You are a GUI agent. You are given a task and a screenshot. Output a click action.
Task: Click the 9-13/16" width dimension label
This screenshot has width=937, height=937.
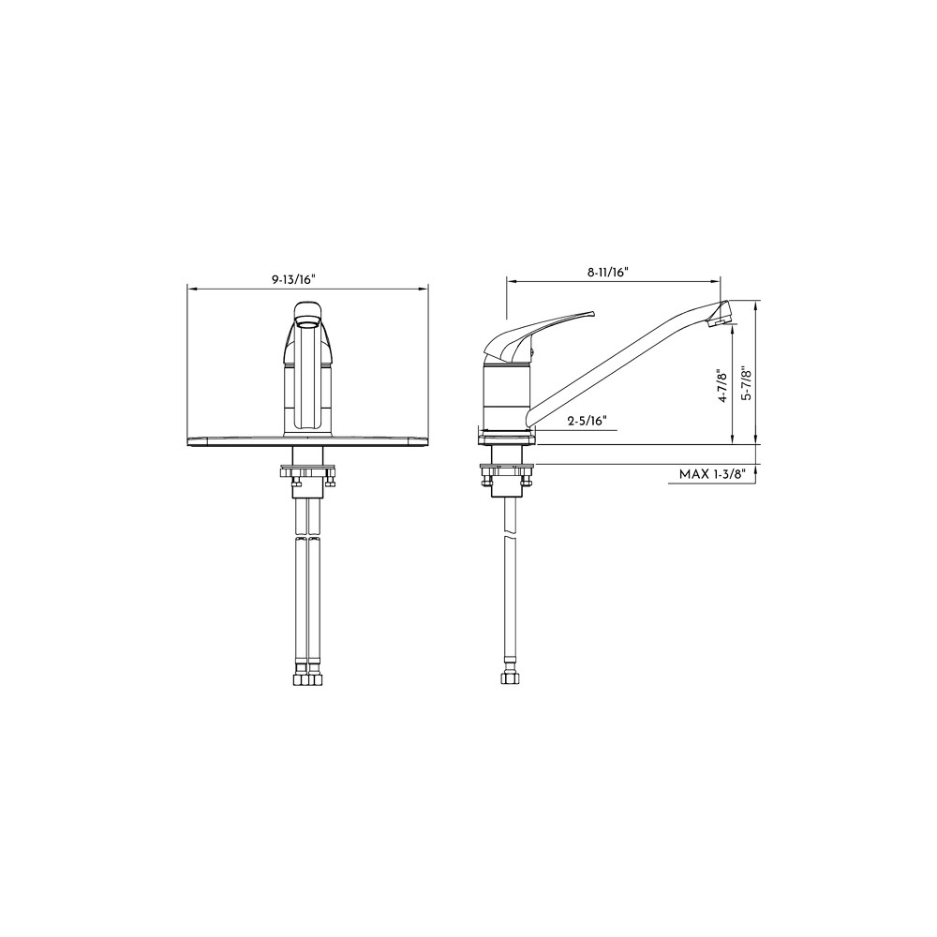pyautogui.click(x=292, y=279)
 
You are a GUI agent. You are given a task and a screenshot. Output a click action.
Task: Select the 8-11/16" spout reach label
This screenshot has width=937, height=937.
pyautogui.click(x=608, y=272)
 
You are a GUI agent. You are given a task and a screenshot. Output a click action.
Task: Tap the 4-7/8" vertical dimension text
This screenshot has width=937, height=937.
pyautogui.click(x=723, y=386)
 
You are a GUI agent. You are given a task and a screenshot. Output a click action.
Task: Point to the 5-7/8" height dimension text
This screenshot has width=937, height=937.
pyautogui.click(x=747, y=383)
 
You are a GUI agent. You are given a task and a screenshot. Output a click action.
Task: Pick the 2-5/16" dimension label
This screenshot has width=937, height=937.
pyautogui.click(x=587, y=421)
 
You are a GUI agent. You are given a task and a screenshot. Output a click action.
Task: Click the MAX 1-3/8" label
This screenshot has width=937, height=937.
pyautogui.click(x=713, y=474)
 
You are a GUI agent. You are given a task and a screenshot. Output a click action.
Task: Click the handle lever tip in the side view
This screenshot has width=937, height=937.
pyautogui.click(x=593, y=312)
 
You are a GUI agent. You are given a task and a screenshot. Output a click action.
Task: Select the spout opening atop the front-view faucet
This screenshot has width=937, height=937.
pyautogui.click(x=307, y=323)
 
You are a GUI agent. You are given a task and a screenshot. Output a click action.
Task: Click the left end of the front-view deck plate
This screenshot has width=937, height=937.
pyautogui.click(x=189, y=441)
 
